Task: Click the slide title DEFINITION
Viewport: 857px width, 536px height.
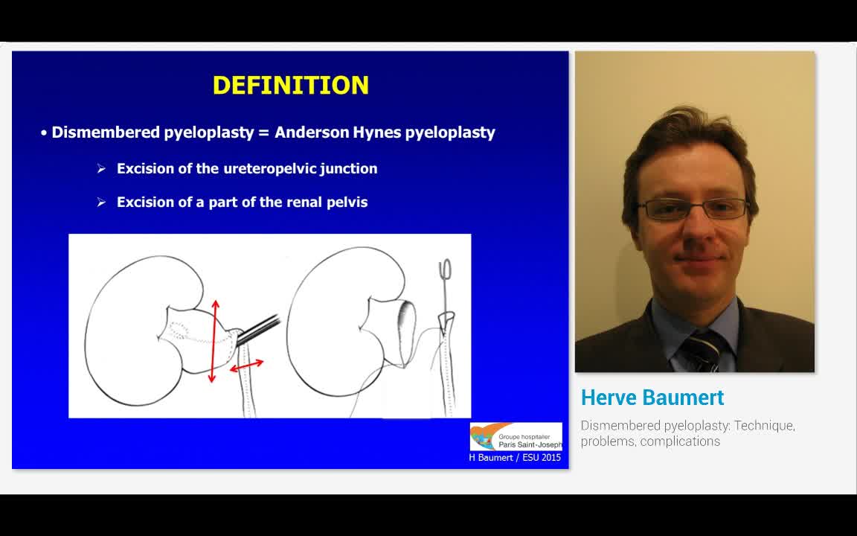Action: click(290, 85)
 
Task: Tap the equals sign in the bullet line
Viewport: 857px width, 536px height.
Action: click(263, 133)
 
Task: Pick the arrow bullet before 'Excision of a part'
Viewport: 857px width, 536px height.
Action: click(101, 202)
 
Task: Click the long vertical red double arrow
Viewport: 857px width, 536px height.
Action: click(214, 341)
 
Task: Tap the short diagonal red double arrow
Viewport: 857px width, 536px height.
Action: click(246, 366)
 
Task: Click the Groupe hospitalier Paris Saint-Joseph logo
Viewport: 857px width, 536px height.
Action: click(516, 436)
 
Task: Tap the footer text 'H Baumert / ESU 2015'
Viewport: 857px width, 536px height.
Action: click(515, 458)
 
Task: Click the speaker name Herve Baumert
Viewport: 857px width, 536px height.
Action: click(652, 398)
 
